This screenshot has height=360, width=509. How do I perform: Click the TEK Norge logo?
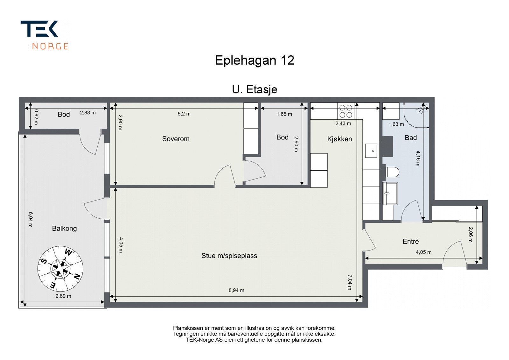tap(45, 35)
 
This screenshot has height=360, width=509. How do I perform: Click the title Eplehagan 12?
tap(254, 60)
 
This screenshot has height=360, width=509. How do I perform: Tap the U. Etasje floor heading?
tap(254, 89)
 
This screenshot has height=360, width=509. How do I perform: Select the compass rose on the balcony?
tap(60, 268)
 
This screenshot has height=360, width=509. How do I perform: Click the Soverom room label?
tap(176, 139)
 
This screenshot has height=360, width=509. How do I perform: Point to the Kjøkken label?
tap(339, 139)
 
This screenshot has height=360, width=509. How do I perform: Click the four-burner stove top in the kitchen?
tap(345, 111)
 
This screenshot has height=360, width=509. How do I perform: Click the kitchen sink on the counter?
tap(371, 150)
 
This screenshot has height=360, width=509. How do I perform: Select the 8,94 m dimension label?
tap(236, 290)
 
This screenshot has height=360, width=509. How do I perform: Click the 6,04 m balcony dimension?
tap(30, 220)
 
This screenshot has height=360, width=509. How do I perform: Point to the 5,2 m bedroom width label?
tap(184, 114)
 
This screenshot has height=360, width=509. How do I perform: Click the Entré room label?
tap(410, 242)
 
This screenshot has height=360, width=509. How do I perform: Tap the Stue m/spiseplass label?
tap(229, 256)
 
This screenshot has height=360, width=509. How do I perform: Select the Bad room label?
tap(410, 138)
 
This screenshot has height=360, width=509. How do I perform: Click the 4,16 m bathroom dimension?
tap(418, 158)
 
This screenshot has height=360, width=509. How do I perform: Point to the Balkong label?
tap(64, 229)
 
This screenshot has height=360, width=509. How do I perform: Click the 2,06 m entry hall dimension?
tap(471, 235)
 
